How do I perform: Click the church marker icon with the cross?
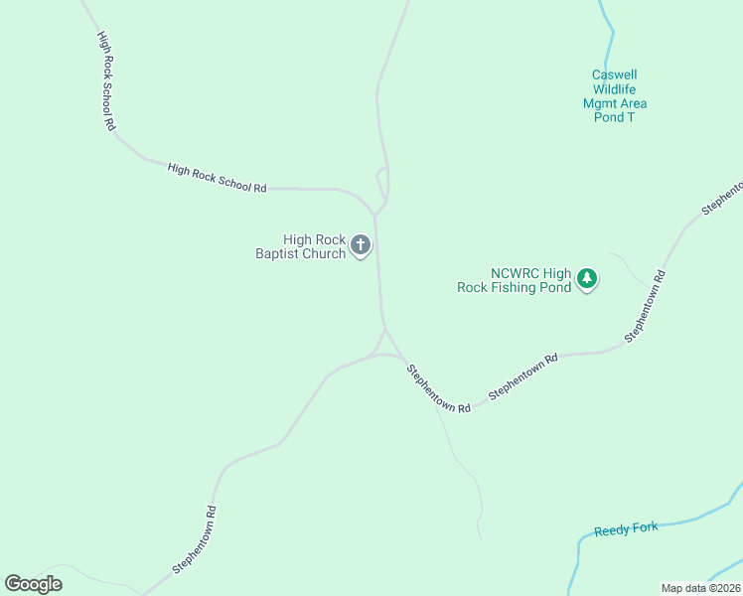(361, 245)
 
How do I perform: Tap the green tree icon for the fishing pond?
(587, 278)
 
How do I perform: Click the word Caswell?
(614, 74)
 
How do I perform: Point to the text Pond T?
(614, 117)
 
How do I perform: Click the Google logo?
(33, 583)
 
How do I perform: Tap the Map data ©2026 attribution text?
(699, 588)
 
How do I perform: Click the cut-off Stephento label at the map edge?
(722, 198)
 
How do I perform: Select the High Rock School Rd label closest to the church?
(217, 179)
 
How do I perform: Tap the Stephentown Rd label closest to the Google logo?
(195, 540)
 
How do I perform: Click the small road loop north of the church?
(381, 184)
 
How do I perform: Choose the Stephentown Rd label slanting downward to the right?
(437, 387)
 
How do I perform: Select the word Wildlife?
(614, 89)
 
